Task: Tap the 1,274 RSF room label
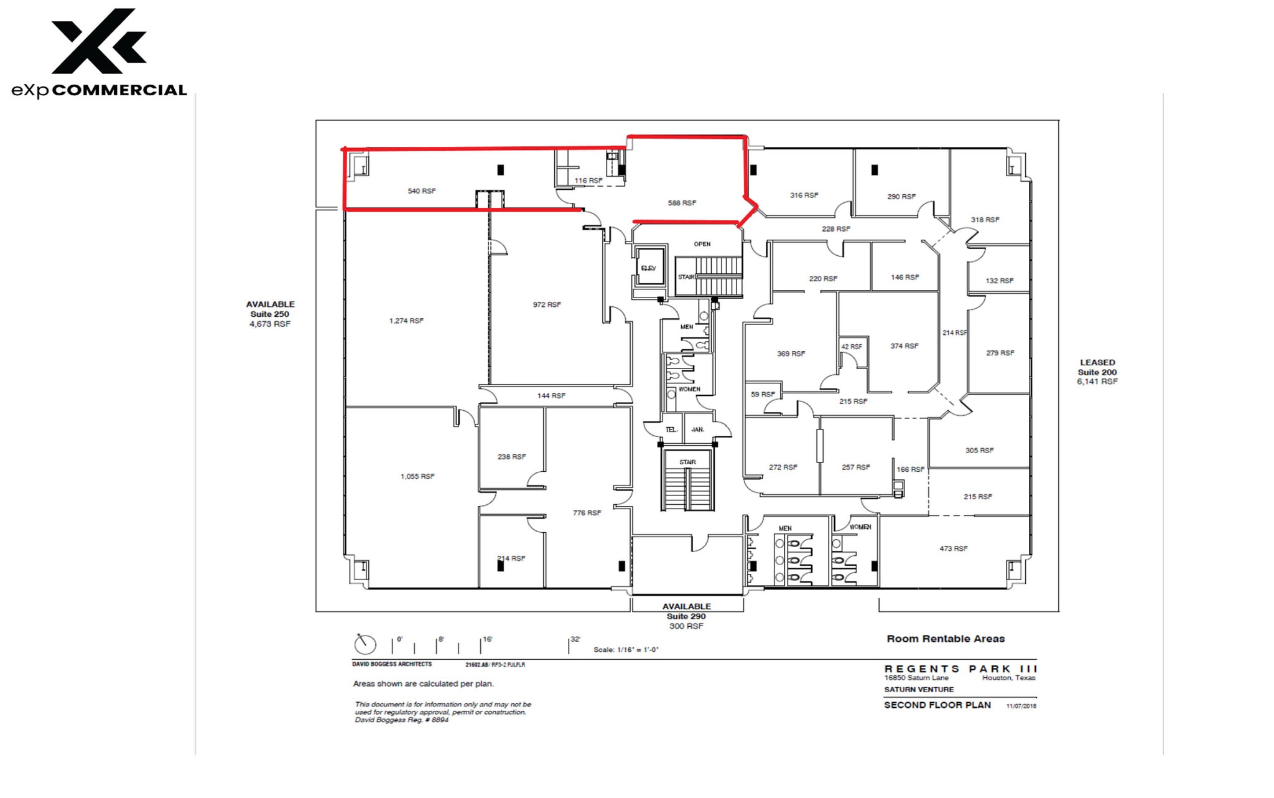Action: click(x=406, y=321)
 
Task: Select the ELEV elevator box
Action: click(x=649, y=268)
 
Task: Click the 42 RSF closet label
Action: click(x=852, y=347)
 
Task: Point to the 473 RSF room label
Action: click(x=953, y=548)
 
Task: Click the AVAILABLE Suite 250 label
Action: click(x=270, y=314)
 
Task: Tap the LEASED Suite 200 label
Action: click(x=1097, y=372)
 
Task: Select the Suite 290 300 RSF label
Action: click(x=686, y=616)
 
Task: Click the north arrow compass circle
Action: click(x=365, y=644)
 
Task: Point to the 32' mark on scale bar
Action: click(x=575, y=640)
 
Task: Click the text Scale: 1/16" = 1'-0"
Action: click(x=626, y=650)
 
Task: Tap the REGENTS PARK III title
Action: click(x=960, y=669)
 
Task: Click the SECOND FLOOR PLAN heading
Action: click(x=937, y=705)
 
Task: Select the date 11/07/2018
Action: click(x=1021, y=706)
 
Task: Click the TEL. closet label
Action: click(x=671, y=430)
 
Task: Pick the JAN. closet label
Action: click(x=698, y=430)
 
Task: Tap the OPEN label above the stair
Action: click(x=702, y=244)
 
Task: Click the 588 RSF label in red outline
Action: click(x=682, y=203)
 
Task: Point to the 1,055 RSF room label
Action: click(x=417, y=476)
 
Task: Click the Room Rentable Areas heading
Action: click(x=946, y=639)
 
